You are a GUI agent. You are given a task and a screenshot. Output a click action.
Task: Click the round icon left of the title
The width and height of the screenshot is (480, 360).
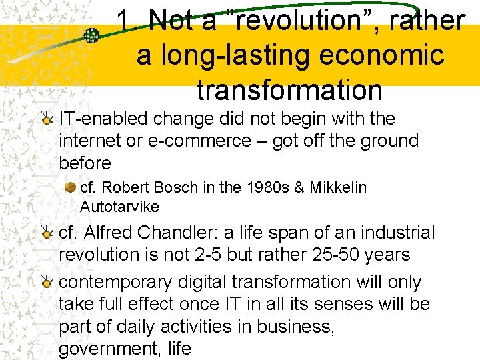point(93,35)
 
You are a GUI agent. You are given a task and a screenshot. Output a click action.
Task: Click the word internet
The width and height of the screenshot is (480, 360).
point(89,141)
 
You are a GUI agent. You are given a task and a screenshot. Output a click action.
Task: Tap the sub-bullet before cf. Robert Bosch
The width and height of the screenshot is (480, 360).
point(70,188)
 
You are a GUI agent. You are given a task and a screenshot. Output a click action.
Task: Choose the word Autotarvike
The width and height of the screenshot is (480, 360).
point(119,207)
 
